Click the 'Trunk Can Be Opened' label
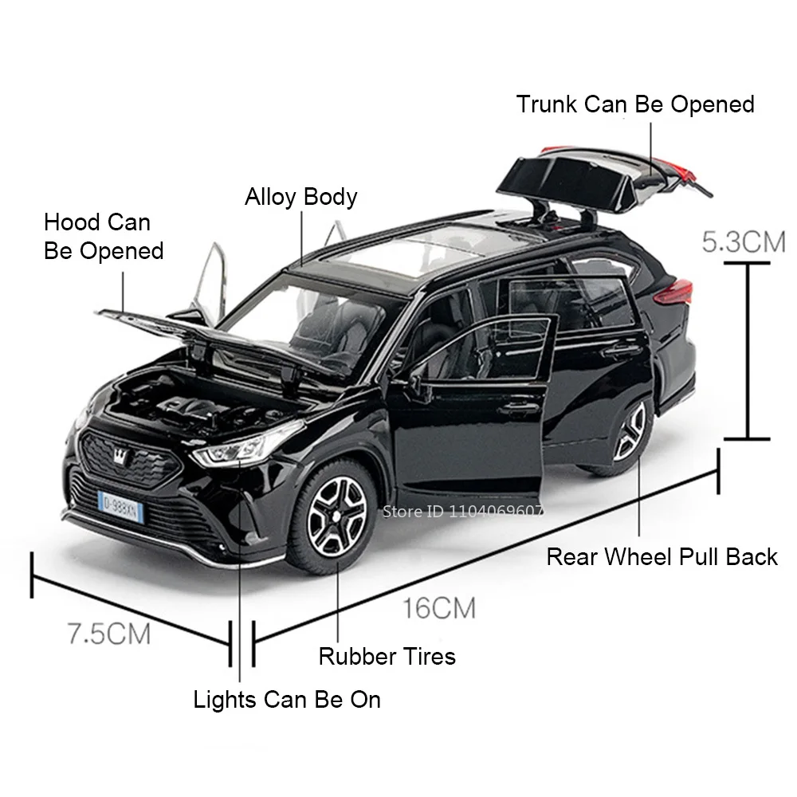(634, 104)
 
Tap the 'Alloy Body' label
(300, 197)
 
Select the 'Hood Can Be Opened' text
(104, 236)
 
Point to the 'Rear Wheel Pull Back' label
(662, 556)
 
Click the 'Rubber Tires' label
(387, 656)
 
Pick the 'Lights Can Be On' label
(287, 700)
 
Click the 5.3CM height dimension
(743, 241)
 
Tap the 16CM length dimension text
(438, 609)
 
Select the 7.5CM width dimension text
(108, 634)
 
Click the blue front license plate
(120, 505)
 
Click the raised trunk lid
(574, 175)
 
